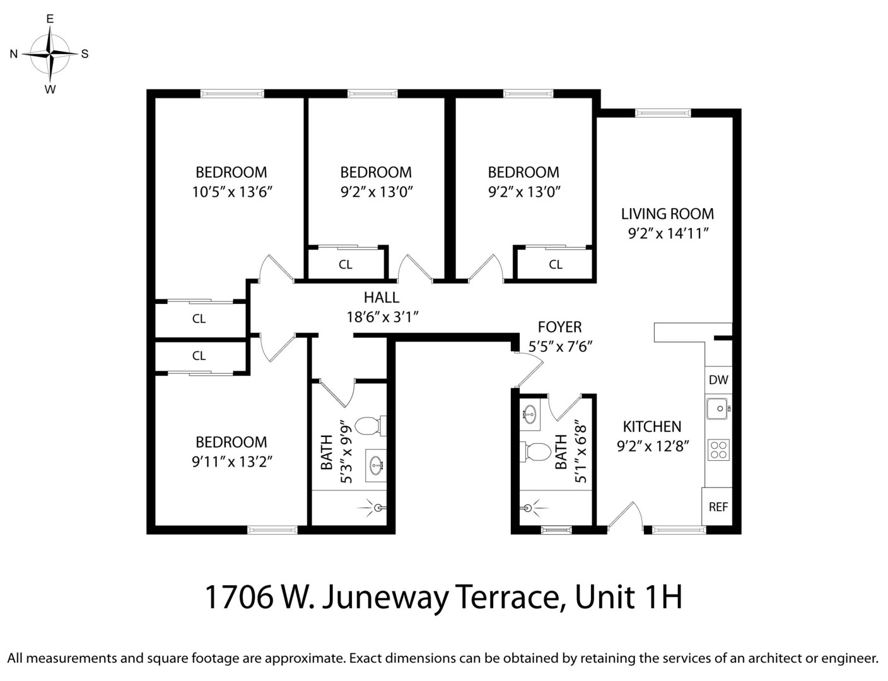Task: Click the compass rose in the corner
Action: (50, 54)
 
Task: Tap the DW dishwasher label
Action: (718, 380)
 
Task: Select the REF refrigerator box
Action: (718, 506)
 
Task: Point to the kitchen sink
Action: (717, 409)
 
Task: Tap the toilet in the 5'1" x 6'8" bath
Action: (536, 451)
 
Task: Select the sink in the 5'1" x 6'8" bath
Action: (529, 415)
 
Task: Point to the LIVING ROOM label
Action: (667, 214)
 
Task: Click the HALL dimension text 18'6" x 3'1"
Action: (383, 317)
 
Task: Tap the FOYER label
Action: (559, 327)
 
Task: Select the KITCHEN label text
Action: (652, 426)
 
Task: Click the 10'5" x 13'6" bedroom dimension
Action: (231, 192)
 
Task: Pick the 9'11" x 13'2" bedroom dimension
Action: (231, 462)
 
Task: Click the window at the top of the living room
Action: (663, 113)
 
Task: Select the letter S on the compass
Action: (85, 54)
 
